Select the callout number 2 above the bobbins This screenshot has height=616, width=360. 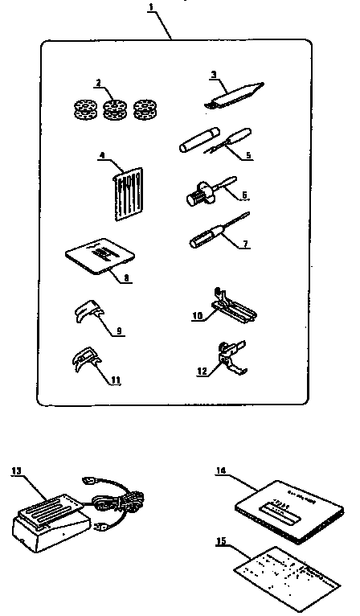pos(97,82)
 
